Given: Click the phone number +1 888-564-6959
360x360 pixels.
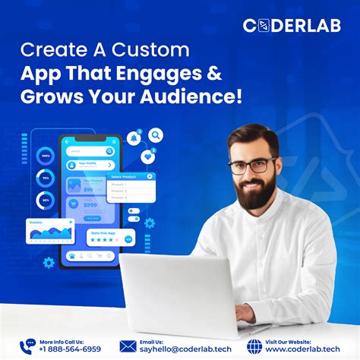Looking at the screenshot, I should pos(69,349).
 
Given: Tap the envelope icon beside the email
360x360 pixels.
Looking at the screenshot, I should pos(127,346).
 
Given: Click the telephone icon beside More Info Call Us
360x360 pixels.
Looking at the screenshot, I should pos(28,346).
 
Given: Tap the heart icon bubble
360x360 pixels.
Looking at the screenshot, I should pos(147,156).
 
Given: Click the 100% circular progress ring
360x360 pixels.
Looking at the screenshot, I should pos(46,156).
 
